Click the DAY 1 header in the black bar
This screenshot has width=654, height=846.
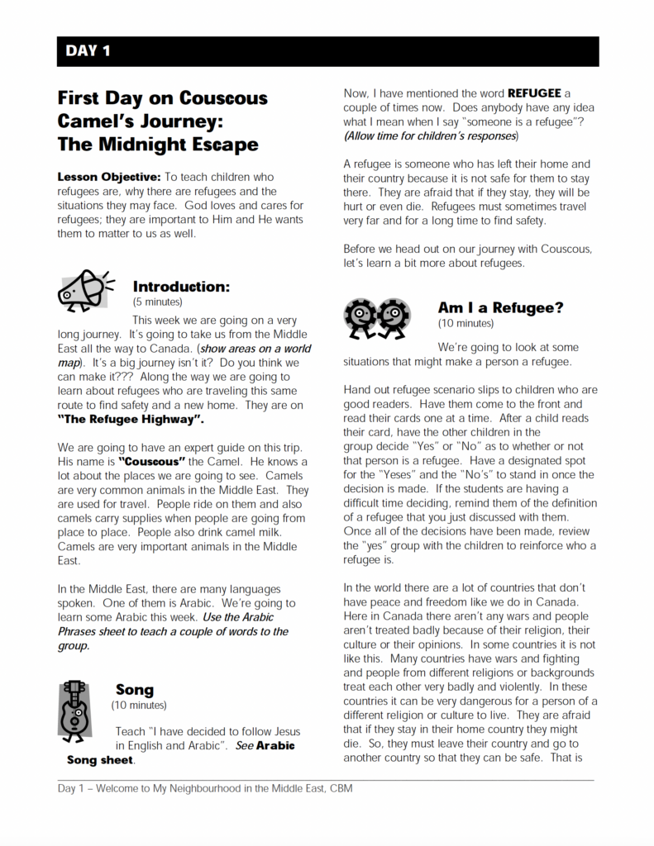point(88,51)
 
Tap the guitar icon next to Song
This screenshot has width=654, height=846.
point(74,707)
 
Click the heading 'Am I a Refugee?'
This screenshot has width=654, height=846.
point(500,307)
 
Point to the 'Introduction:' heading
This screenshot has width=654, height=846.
point(181,287)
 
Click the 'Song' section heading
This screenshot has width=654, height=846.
point(135,689)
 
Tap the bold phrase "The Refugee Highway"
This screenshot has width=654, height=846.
point(131,421)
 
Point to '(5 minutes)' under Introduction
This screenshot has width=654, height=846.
point(158,302)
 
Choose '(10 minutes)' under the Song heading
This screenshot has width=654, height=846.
point(139,705)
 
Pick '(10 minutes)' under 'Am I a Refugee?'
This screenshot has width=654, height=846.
point(465,323)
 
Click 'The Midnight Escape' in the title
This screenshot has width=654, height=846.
point(158,145)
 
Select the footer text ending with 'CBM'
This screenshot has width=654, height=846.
point(205,788)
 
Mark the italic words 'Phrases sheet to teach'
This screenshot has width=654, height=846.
point(116,631)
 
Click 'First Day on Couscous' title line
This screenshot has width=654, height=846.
point(163,98)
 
